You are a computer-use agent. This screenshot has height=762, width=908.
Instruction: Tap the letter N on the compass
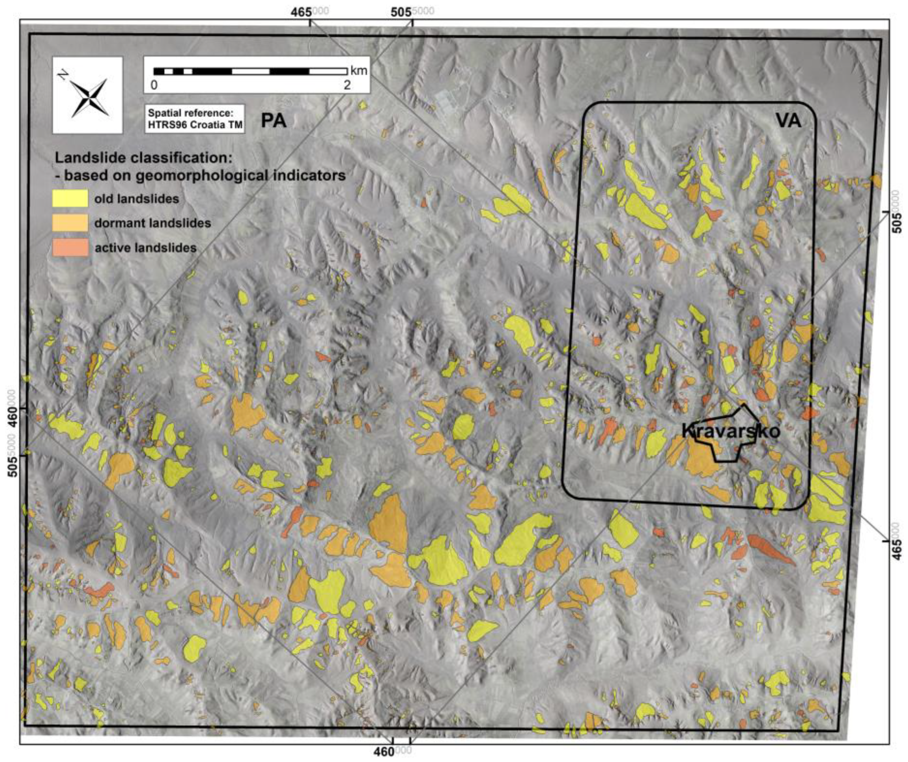[x=62, y=75]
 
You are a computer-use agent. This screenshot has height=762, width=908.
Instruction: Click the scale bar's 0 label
[x=154, y=85]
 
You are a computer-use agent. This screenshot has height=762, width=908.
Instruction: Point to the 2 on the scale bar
[x=347, y=85]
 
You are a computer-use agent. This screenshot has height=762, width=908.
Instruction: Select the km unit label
[x=359, y=71]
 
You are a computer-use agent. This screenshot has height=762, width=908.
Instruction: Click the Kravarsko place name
[x=731, y=431]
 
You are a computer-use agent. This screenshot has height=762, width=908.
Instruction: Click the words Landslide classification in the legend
[x=144, y=158]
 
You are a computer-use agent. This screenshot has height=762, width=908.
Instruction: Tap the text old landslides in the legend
[x=137, y=199]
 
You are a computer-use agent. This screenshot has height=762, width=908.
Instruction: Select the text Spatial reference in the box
[x=190, y=113]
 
